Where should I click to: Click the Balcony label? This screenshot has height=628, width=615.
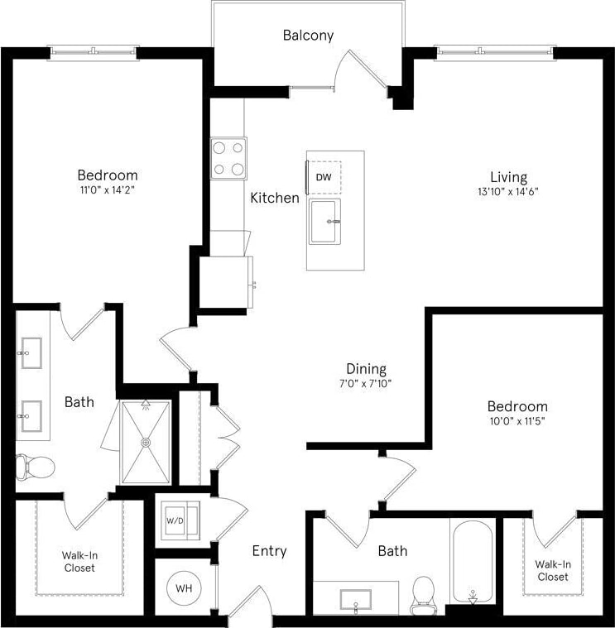(x=308, y=35)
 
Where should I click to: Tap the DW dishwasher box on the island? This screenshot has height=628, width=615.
(x=324, y=177)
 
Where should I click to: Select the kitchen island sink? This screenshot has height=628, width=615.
(x=324, y=222)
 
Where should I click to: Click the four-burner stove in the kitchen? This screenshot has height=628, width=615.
(x=228, y=157)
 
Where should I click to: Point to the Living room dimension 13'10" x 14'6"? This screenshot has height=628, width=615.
(x=508, y=192)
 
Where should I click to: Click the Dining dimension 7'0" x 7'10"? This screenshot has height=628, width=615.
(x=366, y=384)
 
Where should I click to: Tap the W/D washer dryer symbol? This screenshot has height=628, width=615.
(x=175, y=521)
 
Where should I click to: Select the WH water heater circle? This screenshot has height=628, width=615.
(x=183, y=588)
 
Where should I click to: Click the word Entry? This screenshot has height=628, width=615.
(x=269, y=551)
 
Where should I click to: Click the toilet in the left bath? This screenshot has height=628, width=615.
(x=35, y=467)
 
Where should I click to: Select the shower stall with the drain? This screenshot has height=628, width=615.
(x=147, y=442)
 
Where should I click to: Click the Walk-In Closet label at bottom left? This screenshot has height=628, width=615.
(x=79, y=562)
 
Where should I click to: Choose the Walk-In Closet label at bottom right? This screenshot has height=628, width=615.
(x=551, y=570)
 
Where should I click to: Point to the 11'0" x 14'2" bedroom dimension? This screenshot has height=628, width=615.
(x=107, y=189)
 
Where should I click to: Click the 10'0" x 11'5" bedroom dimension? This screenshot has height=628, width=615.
(x=517, y=420)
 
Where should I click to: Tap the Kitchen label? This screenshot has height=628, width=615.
(x=275, y=198)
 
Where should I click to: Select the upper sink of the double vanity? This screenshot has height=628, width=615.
(x=31, y=351)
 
